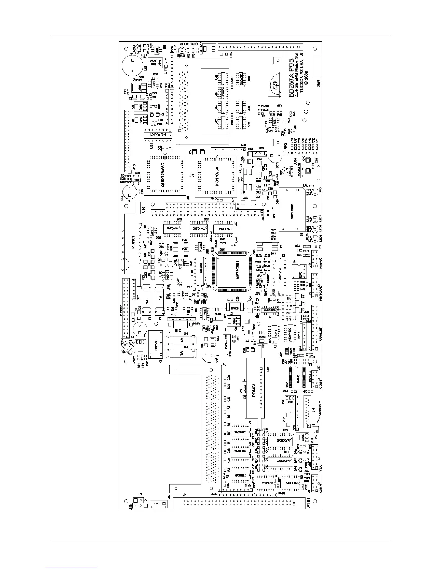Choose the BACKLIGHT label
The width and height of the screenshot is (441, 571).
point(320,410)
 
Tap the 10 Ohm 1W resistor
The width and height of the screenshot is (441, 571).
point(226,341)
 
